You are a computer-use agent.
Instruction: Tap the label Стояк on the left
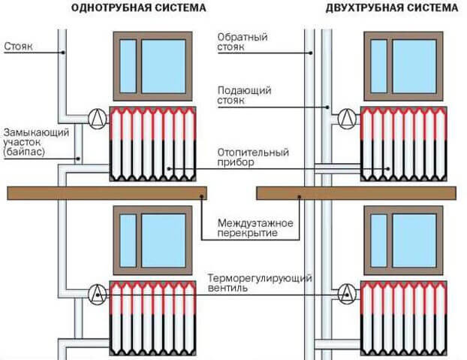(17, 45)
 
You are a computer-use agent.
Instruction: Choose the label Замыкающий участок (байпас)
(36, 141)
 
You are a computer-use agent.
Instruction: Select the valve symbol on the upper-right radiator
(347, 117)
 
